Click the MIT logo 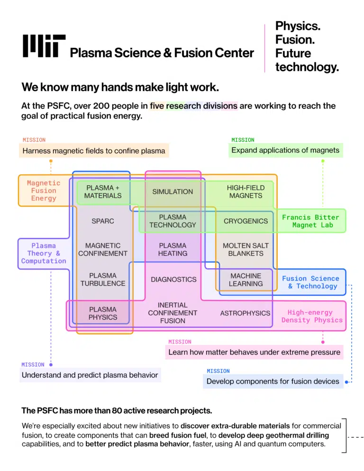pyautogui.click(x=44, y=45)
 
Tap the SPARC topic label pyautogui.click(x=103, y=221)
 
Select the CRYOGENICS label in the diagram pyautogui.click(x=246, y=221)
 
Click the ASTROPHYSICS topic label pyautogui.click(x=245, y=313)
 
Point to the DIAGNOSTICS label pyautogui.click(x=173, y=280)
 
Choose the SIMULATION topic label pyautogui.click(x=173, y=191)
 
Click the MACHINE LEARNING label pyautogui.click(x=246, y=280)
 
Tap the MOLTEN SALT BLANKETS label pyautogui.click(x=246, y=250)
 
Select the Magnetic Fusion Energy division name pyautogui.click(x=44, y=191)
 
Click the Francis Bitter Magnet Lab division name pyautogui.click(x=310, y=221)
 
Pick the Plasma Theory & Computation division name pyautogui.click(x=44, y=253)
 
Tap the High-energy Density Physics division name pyautogui.click(x=312, y=317)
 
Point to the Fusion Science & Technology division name pyautogui.click(x=310, y=282)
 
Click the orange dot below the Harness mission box pyautogui.click(x=51, y=161)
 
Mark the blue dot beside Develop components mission pyautogui.click(x=346, y=382)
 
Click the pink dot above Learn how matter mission pyautogui.click(x=323, y=342)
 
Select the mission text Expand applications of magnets pyautogui.click(x=285, y=150)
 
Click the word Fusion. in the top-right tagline pyautogui.click(x=295, y=40)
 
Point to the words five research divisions pyautogui.click(x=193, y=106)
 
